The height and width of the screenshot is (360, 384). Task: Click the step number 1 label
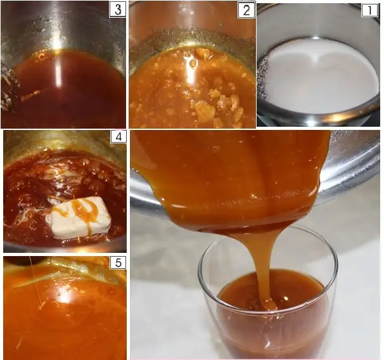click(x=369, y=10)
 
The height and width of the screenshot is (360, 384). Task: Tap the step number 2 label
click(x=246, y=10)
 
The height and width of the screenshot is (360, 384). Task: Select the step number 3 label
click(x=118, y=10)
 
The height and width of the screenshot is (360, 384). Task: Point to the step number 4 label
click(x=118, y=137)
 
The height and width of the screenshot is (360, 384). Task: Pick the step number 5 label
click(x=118, y=262)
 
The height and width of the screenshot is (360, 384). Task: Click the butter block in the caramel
click(x=81, y=217)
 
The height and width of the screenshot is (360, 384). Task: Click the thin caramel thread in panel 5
click(x=35, y=281)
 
